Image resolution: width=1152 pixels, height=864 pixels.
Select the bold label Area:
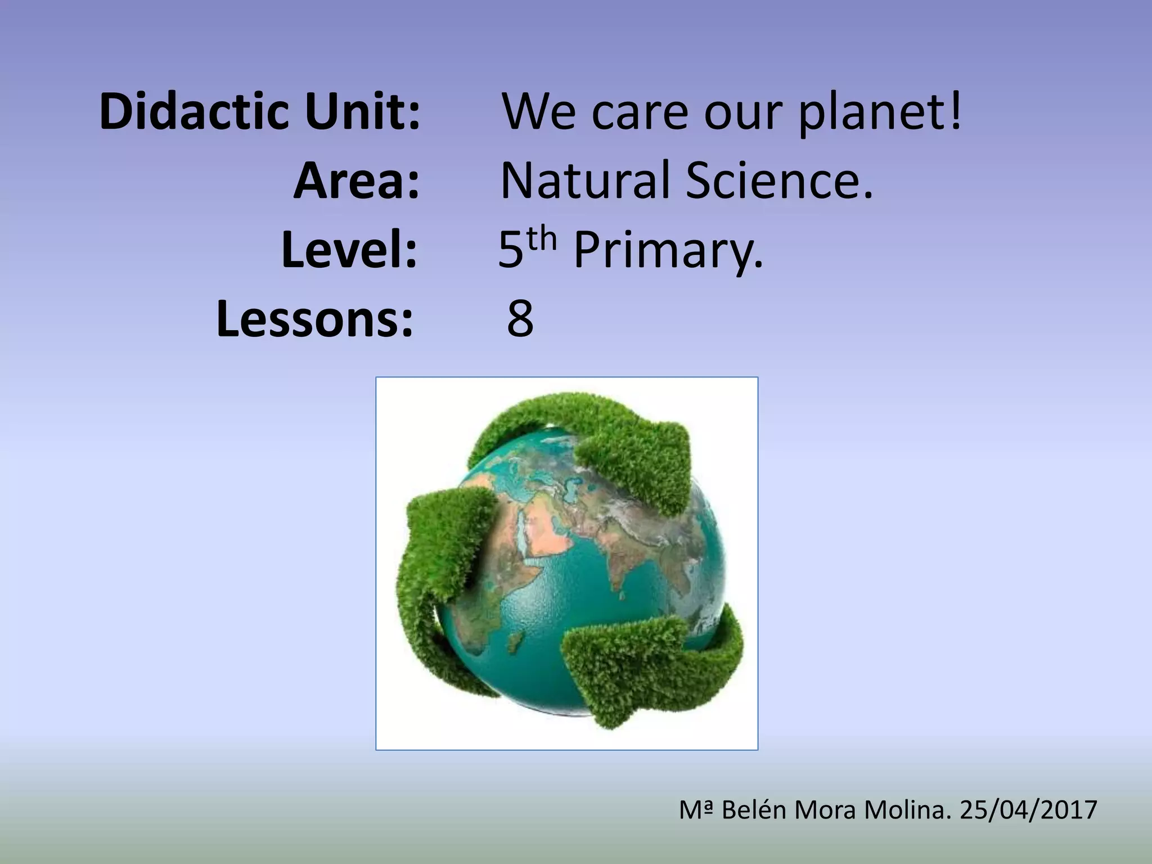(x=357, y=181)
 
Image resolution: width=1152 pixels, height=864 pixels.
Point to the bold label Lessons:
(x=315, y=319)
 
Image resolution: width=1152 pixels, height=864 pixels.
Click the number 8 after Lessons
(x=520, y=319)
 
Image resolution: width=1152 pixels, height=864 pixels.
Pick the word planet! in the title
(x=880, y=112)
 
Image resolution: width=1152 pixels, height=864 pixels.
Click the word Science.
(x=779, y=181)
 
